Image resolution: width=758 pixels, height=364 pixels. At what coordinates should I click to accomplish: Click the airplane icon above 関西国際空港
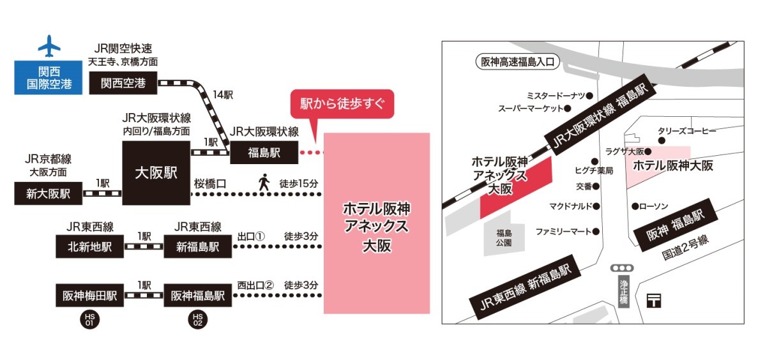(49, 46)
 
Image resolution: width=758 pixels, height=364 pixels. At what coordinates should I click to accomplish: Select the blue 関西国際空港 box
(49, 77)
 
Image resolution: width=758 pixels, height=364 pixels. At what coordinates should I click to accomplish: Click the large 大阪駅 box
(156, 172)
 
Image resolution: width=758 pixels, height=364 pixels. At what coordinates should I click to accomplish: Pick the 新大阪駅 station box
(49, 193)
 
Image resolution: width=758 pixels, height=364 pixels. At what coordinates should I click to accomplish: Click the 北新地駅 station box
(90, 246)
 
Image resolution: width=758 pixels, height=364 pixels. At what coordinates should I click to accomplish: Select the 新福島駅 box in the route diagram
(198, 246)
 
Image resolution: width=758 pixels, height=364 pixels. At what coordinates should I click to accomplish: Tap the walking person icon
(264, 182)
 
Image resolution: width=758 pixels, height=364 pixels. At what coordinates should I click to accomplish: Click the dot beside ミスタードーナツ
(589, 95)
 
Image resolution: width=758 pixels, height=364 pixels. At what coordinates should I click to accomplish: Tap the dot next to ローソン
(635, 206)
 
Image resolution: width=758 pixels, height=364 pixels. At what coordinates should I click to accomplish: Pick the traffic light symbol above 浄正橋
(621, 268)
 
